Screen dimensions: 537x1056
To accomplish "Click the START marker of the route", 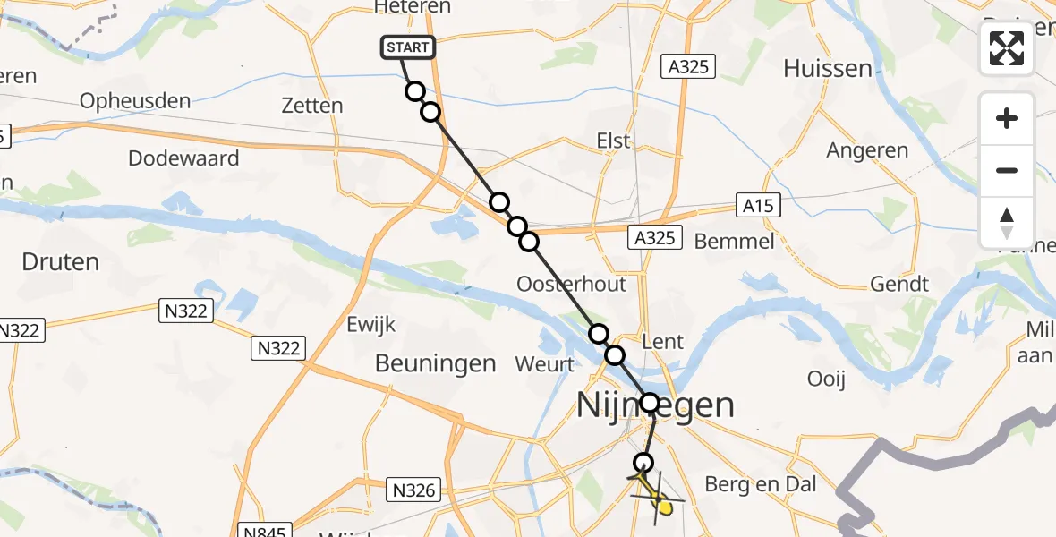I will (409, 47).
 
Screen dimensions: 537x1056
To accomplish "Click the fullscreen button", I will (1007, 48).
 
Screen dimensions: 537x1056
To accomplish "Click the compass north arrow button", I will (1007, 222).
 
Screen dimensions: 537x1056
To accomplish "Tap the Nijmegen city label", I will (656, 405).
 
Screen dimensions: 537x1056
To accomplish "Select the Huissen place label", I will (827, 68).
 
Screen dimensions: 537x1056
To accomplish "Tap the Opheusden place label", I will (135, 100).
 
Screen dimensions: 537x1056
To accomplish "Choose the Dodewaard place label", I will (183, 158).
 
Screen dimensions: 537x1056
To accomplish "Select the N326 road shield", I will (413, 490).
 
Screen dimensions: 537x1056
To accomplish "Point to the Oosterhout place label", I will (572, 284).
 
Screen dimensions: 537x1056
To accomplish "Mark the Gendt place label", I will (899, 284).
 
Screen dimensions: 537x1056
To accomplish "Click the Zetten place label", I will (311, 106).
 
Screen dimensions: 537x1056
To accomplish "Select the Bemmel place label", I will (734, 241).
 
